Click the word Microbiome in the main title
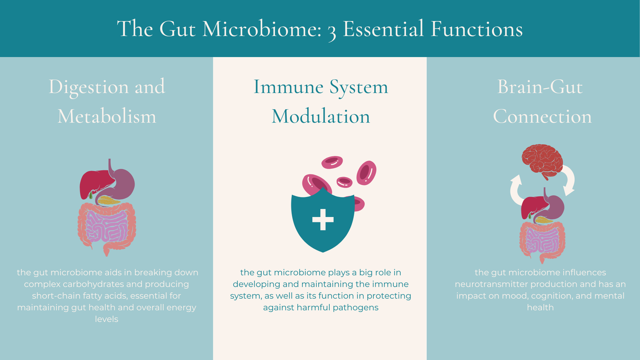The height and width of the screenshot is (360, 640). (x=261, y=29)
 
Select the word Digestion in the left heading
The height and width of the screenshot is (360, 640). (x=88, y=87)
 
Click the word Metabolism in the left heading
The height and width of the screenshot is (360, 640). (x=107, y=116)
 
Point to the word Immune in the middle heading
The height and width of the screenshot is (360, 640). (x=288, y=87)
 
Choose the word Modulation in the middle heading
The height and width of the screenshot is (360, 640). (x=320, y=116)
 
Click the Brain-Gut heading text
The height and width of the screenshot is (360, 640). (x=540, y=87)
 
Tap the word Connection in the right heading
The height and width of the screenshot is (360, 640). (x=542, y=116)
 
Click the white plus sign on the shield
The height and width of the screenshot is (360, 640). (x=323, y=220)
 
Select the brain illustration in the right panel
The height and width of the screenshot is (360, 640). (x=541, y=160)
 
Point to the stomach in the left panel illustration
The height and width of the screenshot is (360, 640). (x=124, y=183)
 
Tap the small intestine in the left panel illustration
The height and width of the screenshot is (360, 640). (x=107, y=226)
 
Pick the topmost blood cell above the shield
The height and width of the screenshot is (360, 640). (x=332, y=162)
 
